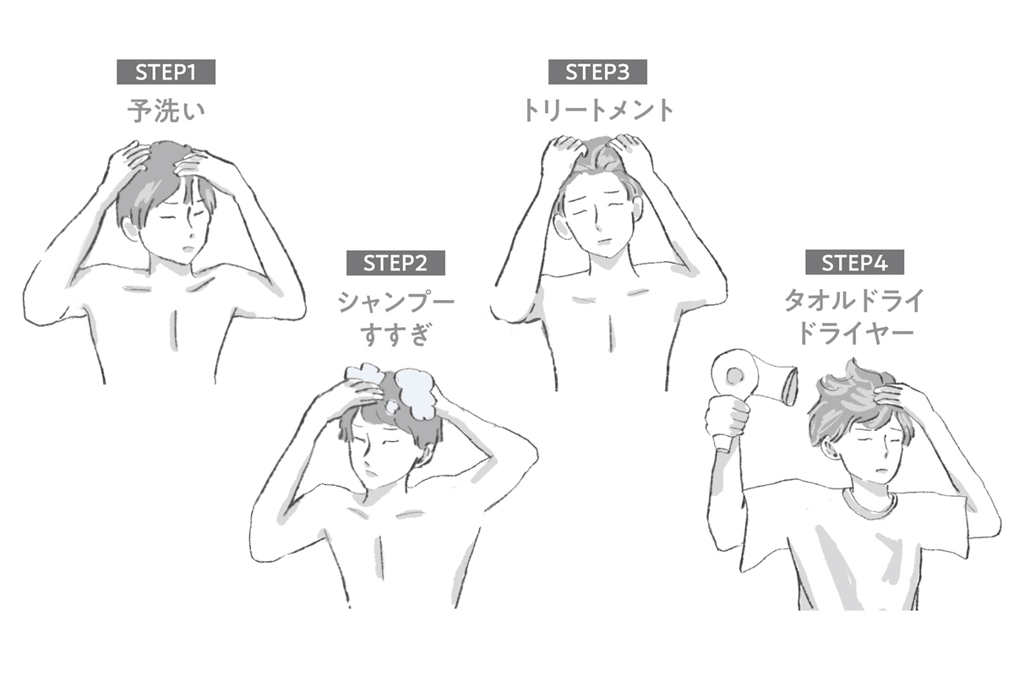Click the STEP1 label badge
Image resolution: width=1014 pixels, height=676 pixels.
point(166,73)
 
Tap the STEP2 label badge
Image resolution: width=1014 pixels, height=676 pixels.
point(395,263)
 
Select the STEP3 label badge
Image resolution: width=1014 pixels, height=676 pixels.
point(597,73)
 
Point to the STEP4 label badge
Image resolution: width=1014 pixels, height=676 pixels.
point(853,263)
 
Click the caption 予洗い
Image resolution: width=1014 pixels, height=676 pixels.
point(166,112)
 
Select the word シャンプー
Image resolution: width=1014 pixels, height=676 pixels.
point(395,303)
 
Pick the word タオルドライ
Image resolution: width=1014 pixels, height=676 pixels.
point(853,301)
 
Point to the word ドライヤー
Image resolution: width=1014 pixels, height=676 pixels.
point(853,335)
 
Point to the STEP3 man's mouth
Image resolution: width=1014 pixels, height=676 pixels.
point(602,241)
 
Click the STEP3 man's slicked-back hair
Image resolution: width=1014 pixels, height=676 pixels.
point(596,156)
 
